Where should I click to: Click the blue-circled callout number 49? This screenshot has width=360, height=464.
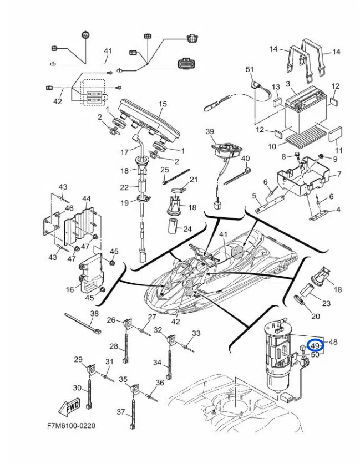(315, 345)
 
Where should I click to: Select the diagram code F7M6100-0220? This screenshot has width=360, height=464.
(71, 426)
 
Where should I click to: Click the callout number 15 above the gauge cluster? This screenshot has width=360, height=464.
(163, 104)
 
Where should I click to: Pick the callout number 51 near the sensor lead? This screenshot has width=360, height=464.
(250, 69)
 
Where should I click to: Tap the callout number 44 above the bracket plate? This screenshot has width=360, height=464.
(86, 198)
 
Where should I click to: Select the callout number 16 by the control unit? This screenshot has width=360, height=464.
(70, 289)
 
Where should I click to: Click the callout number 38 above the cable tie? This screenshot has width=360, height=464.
(94, 313)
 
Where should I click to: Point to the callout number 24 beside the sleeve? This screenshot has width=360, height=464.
(187, 228)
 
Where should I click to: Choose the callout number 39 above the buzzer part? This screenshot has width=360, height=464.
(210, 131)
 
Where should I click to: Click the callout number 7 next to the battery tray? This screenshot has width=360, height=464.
(339, 174)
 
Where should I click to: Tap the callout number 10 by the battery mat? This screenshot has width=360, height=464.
(272, 146)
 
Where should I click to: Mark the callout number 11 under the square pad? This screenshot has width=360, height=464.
(339, 150)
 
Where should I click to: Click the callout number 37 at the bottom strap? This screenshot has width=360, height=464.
(121, 412)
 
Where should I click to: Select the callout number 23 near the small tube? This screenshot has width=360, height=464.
(326, 303)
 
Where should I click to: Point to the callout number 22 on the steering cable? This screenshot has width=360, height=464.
(124, 187)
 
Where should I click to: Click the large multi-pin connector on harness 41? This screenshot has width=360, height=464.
(186, 64)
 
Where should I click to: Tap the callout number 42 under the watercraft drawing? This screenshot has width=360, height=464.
(175, 321)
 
